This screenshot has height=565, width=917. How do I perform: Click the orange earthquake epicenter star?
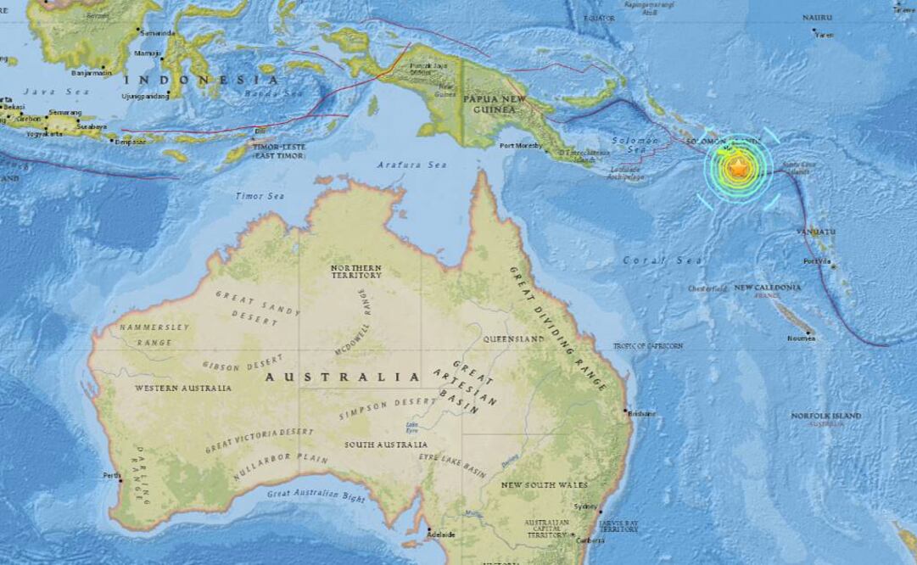click(738, 168)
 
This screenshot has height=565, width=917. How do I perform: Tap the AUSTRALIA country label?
click(343, 377)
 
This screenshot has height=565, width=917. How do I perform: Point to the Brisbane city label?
click(642, 413)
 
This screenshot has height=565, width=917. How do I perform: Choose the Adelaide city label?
click(441, 534)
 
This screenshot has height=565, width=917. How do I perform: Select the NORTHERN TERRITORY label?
click(355, 271)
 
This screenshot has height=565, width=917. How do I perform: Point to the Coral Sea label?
click(651, 260)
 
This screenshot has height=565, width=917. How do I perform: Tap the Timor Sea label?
click(260, 196)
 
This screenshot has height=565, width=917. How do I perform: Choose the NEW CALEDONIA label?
click(767, 288)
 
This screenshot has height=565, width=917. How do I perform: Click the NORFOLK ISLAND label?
click(825, 416)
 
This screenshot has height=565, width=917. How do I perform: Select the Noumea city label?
click(801, 338)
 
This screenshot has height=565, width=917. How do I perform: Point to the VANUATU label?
click(816, 231)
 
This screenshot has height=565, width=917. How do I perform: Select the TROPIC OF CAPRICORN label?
click(649, 346)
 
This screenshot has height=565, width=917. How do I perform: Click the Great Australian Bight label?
click(316, 495)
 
